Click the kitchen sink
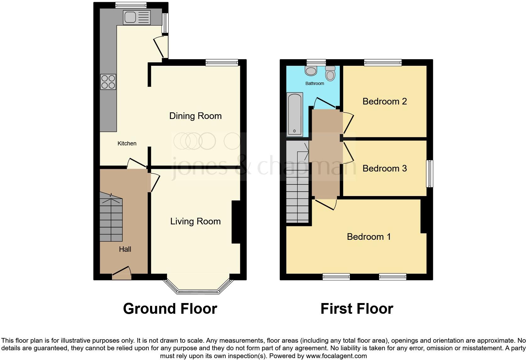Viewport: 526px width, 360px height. click(x=137, y=18)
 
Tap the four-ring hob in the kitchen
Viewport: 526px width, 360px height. click(x=108, y=82)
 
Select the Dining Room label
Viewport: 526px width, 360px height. click(x=195, y=116)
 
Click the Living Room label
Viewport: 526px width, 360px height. click(x=195, y=221)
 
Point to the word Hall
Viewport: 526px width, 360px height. click(x=125, y=249)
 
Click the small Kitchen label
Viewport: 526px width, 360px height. click(x=127, y=143)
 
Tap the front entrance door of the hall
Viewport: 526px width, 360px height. click(x=122, y=274)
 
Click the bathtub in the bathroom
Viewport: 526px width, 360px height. click(x=295, y=114)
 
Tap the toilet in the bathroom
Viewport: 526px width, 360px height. click(x=330, y=74)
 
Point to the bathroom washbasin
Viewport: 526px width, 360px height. click(x=311, y=70)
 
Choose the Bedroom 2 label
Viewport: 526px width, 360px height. click(x=384, y=101)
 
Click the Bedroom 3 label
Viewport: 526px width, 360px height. click(x=384, y=168)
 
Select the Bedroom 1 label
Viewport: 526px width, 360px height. click(x=369, y=237)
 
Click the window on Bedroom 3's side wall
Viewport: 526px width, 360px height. click(x=429, y=174)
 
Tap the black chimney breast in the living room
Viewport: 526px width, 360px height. click(x=236, y=222)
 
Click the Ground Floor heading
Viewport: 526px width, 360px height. click(x=170, y=309)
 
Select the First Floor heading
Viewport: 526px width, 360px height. click(x=357, y=309)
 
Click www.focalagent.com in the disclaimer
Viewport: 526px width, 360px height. click(x=336, y=356)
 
